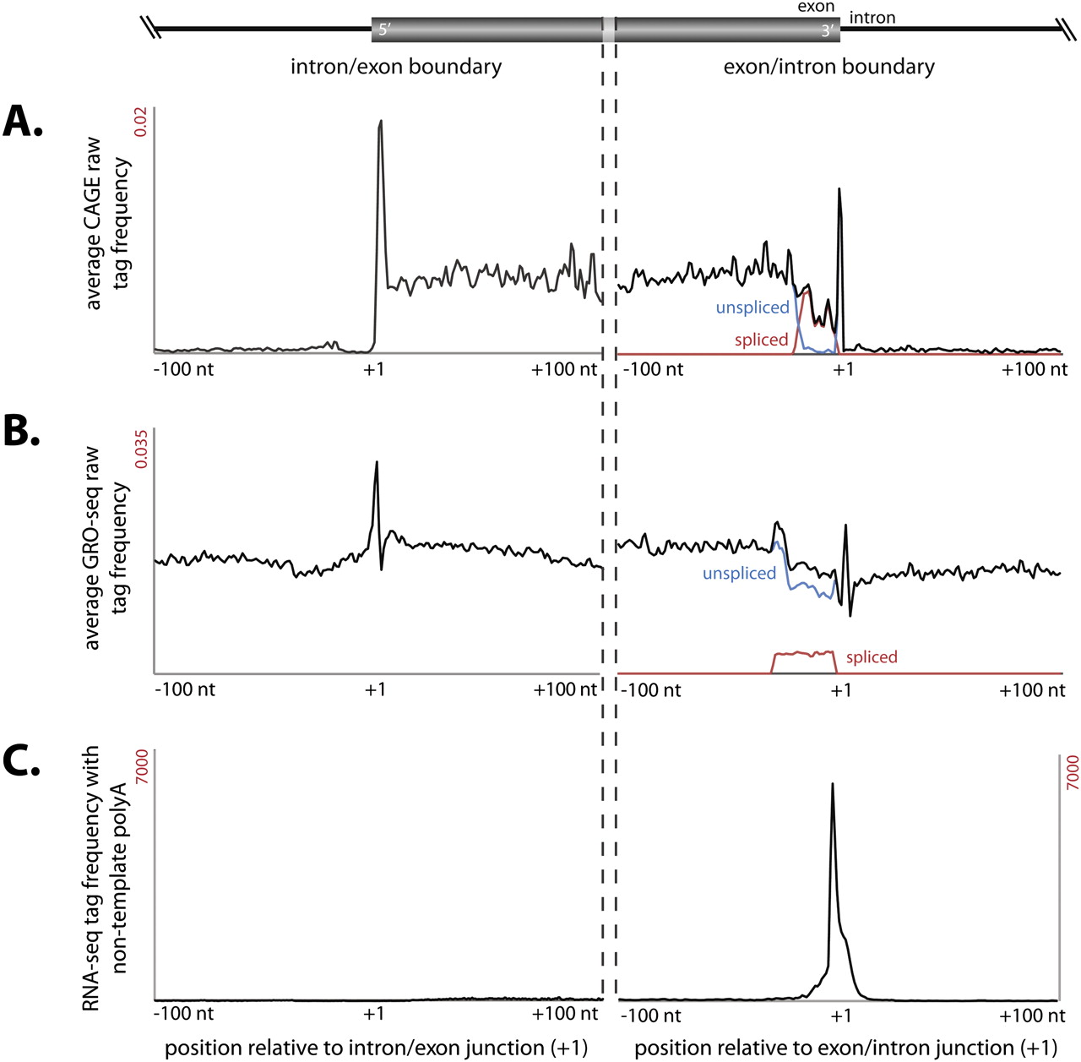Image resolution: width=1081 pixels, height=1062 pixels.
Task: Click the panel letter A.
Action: [x=23, y=123]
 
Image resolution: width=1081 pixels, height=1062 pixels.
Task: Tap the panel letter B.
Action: [x=22, y=431]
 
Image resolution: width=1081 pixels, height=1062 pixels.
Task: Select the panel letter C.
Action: [x=22, y=761]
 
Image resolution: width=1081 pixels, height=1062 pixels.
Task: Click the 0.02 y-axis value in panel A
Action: [x=141, y=122]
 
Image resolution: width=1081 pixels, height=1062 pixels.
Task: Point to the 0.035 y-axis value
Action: [x=141, y=449]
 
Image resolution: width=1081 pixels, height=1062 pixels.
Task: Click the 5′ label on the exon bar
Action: [x=384, y=30]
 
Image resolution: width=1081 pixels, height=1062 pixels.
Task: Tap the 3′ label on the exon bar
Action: [x=827, y=31]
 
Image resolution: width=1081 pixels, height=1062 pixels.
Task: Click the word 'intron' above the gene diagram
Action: [x=872, y=18]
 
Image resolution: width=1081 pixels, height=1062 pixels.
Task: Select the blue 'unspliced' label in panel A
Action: [x=752, y=308]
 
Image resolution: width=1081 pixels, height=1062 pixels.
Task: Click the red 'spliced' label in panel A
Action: [x=761, y=340]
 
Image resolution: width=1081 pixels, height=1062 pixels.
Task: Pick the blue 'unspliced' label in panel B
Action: [x=739, y=573]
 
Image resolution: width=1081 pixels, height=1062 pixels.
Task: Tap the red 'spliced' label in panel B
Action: [x=872, y=656]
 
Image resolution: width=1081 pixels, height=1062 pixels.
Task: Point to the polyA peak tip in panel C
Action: [x=833, y=784]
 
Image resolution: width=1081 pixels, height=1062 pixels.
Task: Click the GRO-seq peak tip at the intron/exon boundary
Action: [x=377, y=461]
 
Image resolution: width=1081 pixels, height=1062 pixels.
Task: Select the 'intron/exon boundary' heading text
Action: [x=396, y=67]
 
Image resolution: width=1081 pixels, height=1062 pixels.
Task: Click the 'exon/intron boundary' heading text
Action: [x=828, y=67]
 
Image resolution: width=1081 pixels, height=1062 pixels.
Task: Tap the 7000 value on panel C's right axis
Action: [x=1072, y=772]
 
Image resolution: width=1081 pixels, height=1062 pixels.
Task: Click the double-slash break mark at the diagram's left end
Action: [x=151, y=29]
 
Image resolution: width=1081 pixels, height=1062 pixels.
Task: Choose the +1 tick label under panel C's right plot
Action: [x=840, y=1015]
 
